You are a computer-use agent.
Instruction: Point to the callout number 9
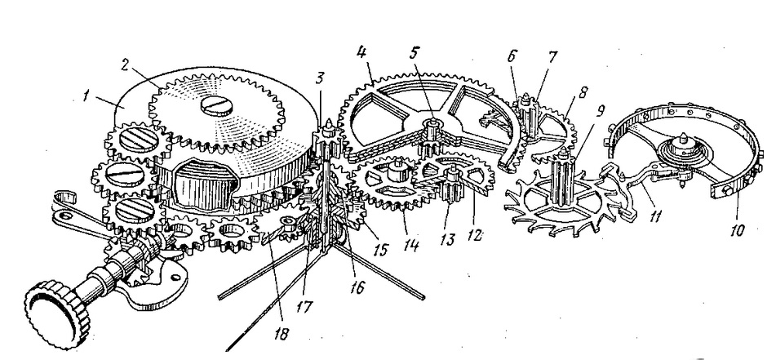601,110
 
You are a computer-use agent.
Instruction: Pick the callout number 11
655,217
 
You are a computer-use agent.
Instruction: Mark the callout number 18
281,333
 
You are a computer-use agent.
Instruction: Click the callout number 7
552,57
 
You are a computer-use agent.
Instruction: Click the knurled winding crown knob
58,313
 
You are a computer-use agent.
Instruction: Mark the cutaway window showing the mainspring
204,182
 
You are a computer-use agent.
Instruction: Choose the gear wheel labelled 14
392,183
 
